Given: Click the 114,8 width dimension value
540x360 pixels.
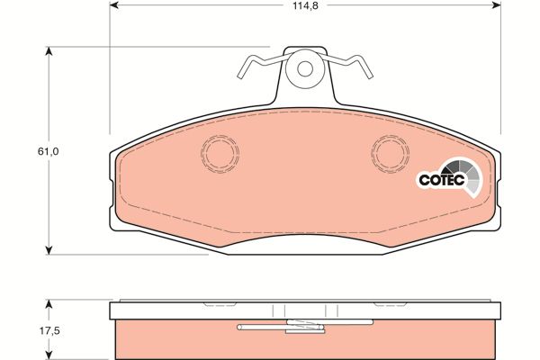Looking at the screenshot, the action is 305,6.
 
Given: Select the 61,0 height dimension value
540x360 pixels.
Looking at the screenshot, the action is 49,151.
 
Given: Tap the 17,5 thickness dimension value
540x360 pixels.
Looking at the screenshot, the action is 49,331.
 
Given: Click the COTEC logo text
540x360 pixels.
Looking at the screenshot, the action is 442,180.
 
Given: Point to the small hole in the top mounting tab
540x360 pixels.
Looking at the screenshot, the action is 305,69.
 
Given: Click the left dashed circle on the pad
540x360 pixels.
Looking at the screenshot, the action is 220,154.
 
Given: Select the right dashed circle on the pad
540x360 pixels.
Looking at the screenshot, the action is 391,154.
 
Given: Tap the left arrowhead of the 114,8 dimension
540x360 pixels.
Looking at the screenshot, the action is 114,5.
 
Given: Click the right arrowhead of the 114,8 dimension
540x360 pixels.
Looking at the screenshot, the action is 496,5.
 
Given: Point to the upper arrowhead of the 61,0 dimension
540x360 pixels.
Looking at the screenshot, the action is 49,51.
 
